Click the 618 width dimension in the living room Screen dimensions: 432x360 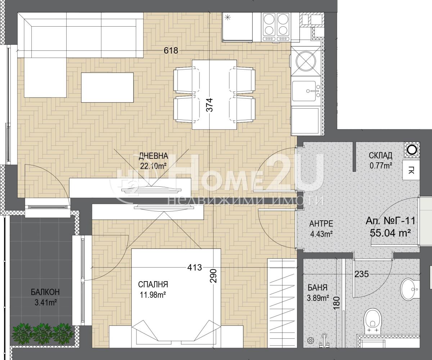tap(171, 50)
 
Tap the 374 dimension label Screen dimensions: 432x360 tap(210, 105)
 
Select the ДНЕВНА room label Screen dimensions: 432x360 tap(153, 156)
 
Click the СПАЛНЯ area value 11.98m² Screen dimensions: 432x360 tap(153, 295)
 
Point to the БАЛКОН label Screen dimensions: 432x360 tap(45, 292)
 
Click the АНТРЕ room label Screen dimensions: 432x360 tap(321, 224)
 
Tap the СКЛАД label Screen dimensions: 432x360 tap(381, 156)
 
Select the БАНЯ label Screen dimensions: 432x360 tap(318, 288)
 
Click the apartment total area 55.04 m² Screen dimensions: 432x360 tap(390, 233)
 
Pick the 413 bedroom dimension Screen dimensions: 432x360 tap(194, 267)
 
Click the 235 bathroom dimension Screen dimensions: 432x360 tap(362, 274)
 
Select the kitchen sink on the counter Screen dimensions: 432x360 tap(307, 91)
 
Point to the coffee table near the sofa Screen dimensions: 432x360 tap(107, 87)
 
